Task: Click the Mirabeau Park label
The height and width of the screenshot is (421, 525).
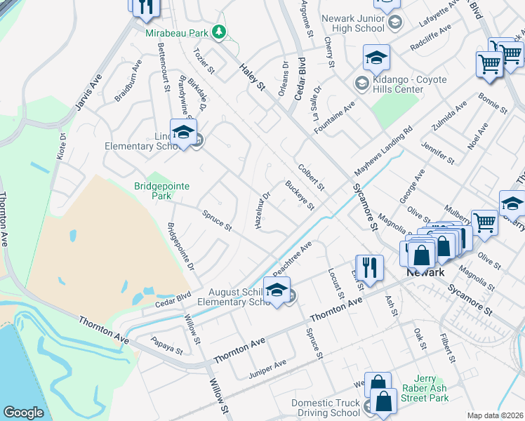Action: coord(177,33)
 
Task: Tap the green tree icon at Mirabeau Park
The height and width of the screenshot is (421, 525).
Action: coord(219,32)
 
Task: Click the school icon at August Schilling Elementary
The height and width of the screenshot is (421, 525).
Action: coord(277,290)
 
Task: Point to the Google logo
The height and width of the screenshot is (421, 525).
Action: coord(23,413)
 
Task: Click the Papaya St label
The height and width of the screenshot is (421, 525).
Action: coord(167,346)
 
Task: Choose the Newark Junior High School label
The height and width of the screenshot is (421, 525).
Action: coord(352,23)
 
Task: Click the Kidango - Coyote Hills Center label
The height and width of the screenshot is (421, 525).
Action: coord(411,84)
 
